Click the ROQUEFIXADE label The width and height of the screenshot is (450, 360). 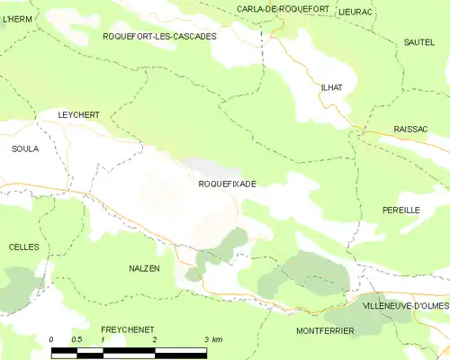227,184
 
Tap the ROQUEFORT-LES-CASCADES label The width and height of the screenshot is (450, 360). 160,36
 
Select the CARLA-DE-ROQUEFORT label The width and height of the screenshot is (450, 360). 282,9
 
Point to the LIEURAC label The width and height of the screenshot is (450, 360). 356,12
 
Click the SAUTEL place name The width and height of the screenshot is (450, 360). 418,42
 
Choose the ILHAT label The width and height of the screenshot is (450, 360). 331,87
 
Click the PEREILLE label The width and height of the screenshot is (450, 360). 401,210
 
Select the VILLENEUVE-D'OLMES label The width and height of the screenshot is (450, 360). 406,307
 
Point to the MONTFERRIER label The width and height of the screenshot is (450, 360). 325,331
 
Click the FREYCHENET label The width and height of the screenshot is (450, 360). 127,329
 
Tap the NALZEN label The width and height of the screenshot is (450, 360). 144,269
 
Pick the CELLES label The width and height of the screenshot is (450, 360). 23,247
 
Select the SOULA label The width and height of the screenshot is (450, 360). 25,148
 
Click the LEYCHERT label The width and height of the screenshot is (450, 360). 78,115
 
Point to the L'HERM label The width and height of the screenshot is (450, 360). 17,17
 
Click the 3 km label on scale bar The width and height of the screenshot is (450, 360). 212,339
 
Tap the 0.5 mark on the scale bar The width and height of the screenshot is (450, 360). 77,339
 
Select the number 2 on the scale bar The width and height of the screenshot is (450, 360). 155,339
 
